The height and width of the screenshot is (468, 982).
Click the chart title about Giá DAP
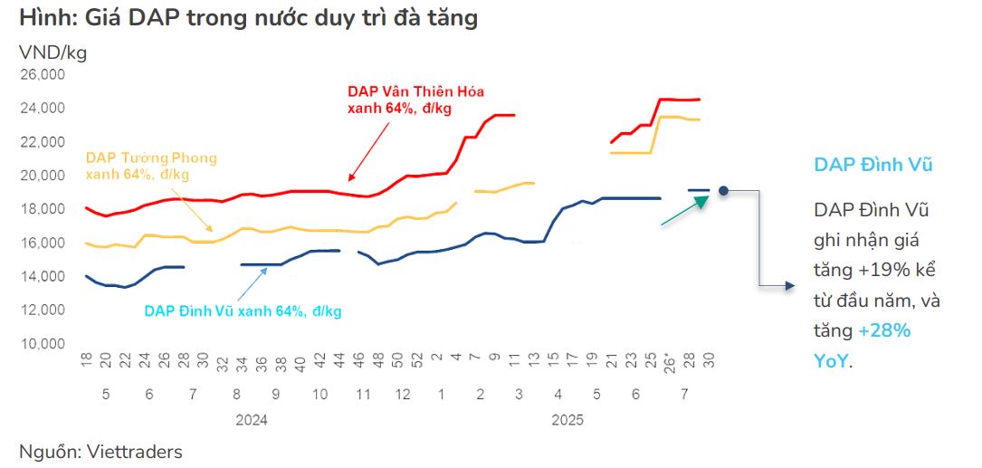click(x=247, y=17)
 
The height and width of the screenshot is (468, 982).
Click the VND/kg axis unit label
click(x=52, y=53)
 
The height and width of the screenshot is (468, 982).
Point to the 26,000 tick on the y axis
click(x=42, y=75)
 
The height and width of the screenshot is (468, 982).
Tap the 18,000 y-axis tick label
click(x=42, y=209)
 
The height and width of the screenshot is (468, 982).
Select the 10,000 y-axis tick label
click(x=42, y=344)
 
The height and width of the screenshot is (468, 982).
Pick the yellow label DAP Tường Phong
click(x=151, y=158)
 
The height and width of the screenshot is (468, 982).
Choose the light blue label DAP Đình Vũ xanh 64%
click(x=243, y=310)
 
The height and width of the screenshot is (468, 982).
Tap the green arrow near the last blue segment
click(x=685, y=211)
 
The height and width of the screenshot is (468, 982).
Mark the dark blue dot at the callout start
click(x=724, y=190)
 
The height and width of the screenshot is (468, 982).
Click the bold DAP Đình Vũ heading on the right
click(x=873, y=164)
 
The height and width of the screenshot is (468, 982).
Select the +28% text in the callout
click(x=884, y=330)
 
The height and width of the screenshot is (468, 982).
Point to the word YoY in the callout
click(x=832, y=360)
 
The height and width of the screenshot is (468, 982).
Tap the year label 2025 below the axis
click(x=567, y=420)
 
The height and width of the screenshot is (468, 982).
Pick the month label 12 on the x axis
click(x=403, y=395)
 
